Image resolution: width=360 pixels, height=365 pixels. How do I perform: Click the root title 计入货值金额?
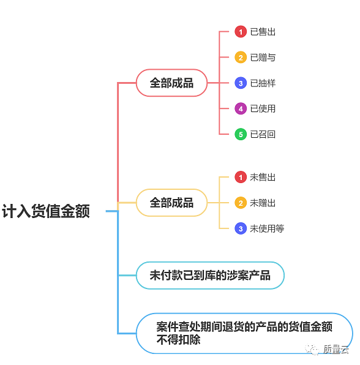click(46, 211)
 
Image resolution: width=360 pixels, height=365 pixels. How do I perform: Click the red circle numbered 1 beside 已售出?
click(241, 32)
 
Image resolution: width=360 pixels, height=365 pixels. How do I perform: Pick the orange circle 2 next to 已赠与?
click(241, 58)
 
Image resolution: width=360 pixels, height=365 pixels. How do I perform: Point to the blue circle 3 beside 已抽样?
click(241, 83)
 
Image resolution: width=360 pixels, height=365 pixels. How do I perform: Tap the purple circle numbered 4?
click(241, 108)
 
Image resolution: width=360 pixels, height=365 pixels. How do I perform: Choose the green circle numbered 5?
click(241, 134)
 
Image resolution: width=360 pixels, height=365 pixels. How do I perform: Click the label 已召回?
click(263, 134)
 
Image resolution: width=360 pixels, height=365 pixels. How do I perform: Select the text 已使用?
click(263, 108)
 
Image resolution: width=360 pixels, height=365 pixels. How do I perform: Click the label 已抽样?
click(263, 83)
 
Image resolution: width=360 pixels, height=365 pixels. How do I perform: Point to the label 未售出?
click(263, 177)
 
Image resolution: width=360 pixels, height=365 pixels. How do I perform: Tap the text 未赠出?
click(263, 203)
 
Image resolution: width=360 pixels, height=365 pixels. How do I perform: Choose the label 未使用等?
click(267, 228)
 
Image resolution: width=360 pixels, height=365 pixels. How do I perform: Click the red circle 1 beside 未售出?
click(241, 177)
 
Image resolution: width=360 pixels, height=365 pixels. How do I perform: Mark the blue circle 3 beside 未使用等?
click(241, 228)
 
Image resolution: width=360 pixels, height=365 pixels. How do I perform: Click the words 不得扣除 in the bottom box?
click(178, 340)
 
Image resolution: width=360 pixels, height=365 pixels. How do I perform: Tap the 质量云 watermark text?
click(336, 350)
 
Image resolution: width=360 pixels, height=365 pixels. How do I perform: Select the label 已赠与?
click(263, 58)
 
